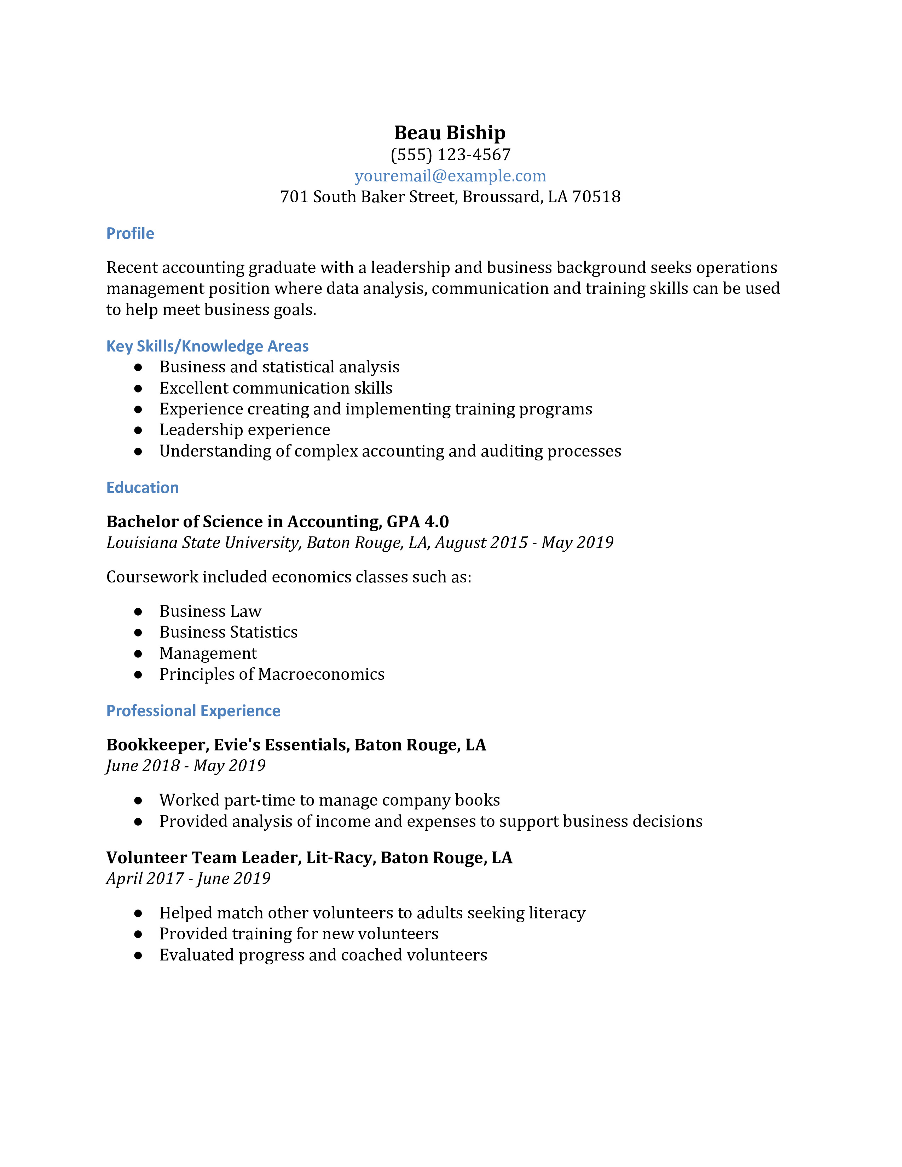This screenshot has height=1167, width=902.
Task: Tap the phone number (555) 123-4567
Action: pyautogui.click(x=450, y=155)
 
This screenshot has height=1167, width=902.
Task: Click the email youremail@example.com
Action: pyautogui.click(x=450, y=176)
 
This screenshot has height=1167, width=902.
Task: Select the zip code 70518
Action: pyautogui.click(x=596, y=197)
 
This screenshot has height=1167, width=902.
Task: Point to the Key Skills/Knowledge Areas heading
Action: pyautogui.click(x=207, y=346)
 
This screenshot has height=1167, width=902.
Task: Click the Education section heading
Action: pyautogui.click(x=142, y=487)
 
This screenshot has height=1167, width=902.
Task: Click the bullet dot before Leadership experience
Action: pyautogui.click(x=138, y=430)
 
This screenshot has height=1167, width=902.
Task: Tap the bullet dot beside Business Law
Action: pyautogui.click(x=138, y=611)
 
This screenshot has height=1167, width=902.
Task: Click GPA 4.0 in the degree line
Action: pyautogui.click(x=417, y=522)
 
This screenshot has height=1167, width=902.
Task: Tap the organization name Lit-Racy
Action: pyautogui.click(x=341, y=858)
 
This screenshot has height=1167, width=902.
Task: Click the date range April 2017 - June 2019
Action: pyautogui.click(x=188, y=878)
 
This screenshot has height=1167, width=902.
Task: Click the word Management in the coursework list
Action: pyautogui.click(x=208, y=654)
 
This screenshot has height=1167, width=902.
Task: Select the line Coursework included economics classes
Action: pyautogui.click(x=289, y=577)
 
